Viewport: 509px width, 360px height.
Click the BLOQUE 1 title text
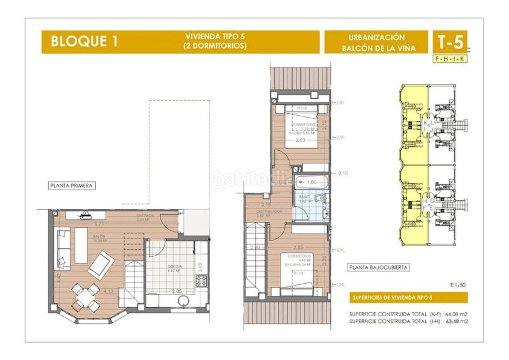click(78, 43)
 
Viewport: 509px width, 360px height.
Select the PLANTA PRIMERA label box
click(71, 186)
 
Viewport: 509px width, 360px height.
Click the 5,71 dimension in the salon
click(99, 224)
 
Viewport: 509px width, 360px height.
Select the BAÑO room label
click(304, 198)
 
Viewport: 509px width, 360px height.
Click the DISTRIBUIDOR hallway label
click(269, 212)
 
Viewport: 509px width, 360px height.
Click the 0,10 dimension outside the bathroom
click(344, 172)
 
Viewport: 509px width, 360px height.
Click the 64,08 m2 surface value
click(456, 314)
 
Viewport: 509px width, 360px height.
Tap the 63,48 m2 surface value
click(456, 322)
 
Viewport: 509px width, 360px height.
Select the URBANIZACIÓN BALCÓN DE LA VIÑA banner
click(373, 43)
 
